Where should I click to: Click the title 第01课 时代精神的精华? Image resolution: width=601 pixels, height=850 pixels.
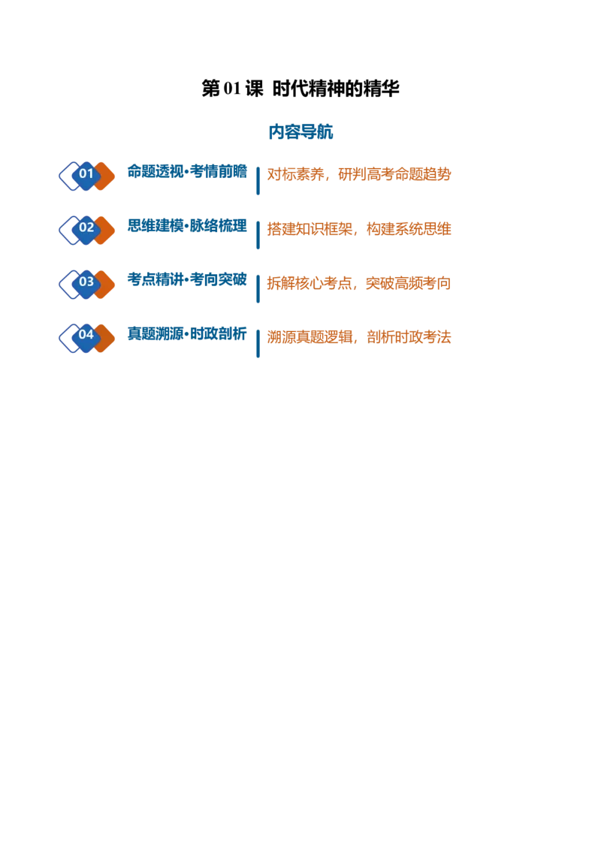(300, 89)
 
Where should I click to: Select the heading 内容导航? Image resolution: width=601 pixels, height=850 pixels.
(300, 131)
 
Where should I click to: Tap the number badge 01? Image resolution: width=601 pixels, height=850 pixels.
(86, 173)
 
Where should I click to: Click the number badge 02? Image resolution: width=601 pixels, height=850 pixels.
(86, 228)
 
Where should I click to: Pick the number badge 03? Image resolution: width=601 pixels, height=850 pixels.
(86, 282)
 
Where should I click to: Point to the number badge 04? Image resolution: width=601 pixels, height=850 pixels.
(86, 336)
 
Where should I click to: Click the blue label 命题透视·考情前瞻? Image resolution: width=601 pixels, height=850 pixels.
(187, 171)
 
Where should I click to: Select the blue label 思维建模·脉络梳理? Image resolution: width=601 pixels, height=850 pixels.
(187, 225)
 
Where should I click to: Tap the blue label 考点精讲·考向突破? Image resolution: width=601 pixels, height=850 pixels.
(187, 279)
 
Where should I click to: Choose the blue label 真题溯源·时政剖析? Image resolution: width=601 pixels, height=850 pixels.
(187, 333)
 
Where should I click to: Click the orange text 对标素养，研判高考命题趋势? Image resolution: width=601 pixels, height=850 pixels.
(359, 174)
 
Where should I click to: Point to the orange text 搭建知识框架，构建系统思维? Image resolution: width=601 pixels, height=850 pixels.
(359, 229)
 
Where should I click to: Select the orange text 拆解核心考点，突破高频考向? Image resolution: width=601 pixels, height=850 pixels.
(359, 283)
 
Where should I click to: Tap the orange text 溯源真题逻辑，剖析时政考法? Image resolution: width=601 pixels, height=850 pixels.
(359, 337)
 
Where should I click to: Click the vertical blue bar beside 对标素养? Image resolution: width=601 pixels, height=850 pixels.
(258, 180)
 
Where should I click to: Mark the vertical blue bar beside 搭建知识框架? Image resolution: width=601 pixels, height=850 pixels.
(258, 235)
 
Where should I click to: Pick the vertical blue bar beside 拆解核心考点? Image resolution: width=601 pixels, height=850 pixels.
(258, 289)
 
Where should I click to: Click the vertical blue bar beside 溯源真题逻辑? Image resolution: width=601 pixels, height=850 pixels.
(258, 343)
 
